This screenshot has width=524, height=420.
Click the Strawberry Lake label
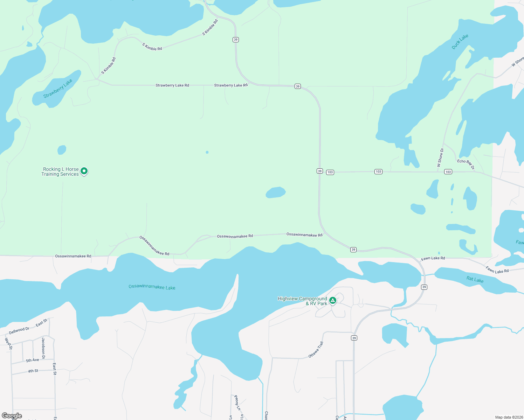(58, 88)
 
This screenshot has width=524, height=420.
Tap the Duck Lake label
(460, 42)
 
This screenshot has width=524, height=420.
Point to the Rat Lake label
(475, 279)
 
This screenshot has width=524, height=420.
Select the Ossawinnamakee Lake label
(152, 287)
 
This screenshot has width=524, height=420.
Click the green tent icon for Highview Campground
(333, 300)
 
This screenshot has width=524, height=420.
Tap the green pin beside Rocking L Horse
(84, 171)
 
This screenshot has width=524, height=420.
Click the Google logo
(12, 416)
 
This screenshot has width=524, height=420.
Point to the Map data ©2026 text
(508, 417)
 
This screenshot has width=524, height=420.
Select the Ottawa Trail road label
(316, 350)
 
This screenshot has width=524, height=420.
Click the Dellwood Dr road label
(19, 330)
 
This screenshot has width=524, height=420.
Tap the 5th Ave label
(33, 360)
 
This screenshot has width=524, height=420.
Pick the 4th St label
(33, 371)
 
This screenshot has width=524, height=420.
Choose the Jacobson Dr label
(43, 348)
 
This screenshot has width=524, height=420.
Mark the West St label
(8, 344)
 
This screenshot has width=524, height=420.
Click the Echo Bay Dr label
(466, 164)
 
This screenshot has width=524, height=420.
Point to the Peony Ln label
(237, 402)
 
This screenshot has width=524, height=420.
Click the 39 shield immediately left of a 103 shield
(319, 171)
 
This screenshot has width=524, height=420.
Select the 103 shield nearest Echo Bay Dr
(448, 171)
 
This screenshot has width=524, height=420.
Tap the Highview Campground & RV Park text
(302, 301)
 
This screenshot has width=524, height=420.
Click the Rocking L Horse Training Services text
(60, 171)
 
